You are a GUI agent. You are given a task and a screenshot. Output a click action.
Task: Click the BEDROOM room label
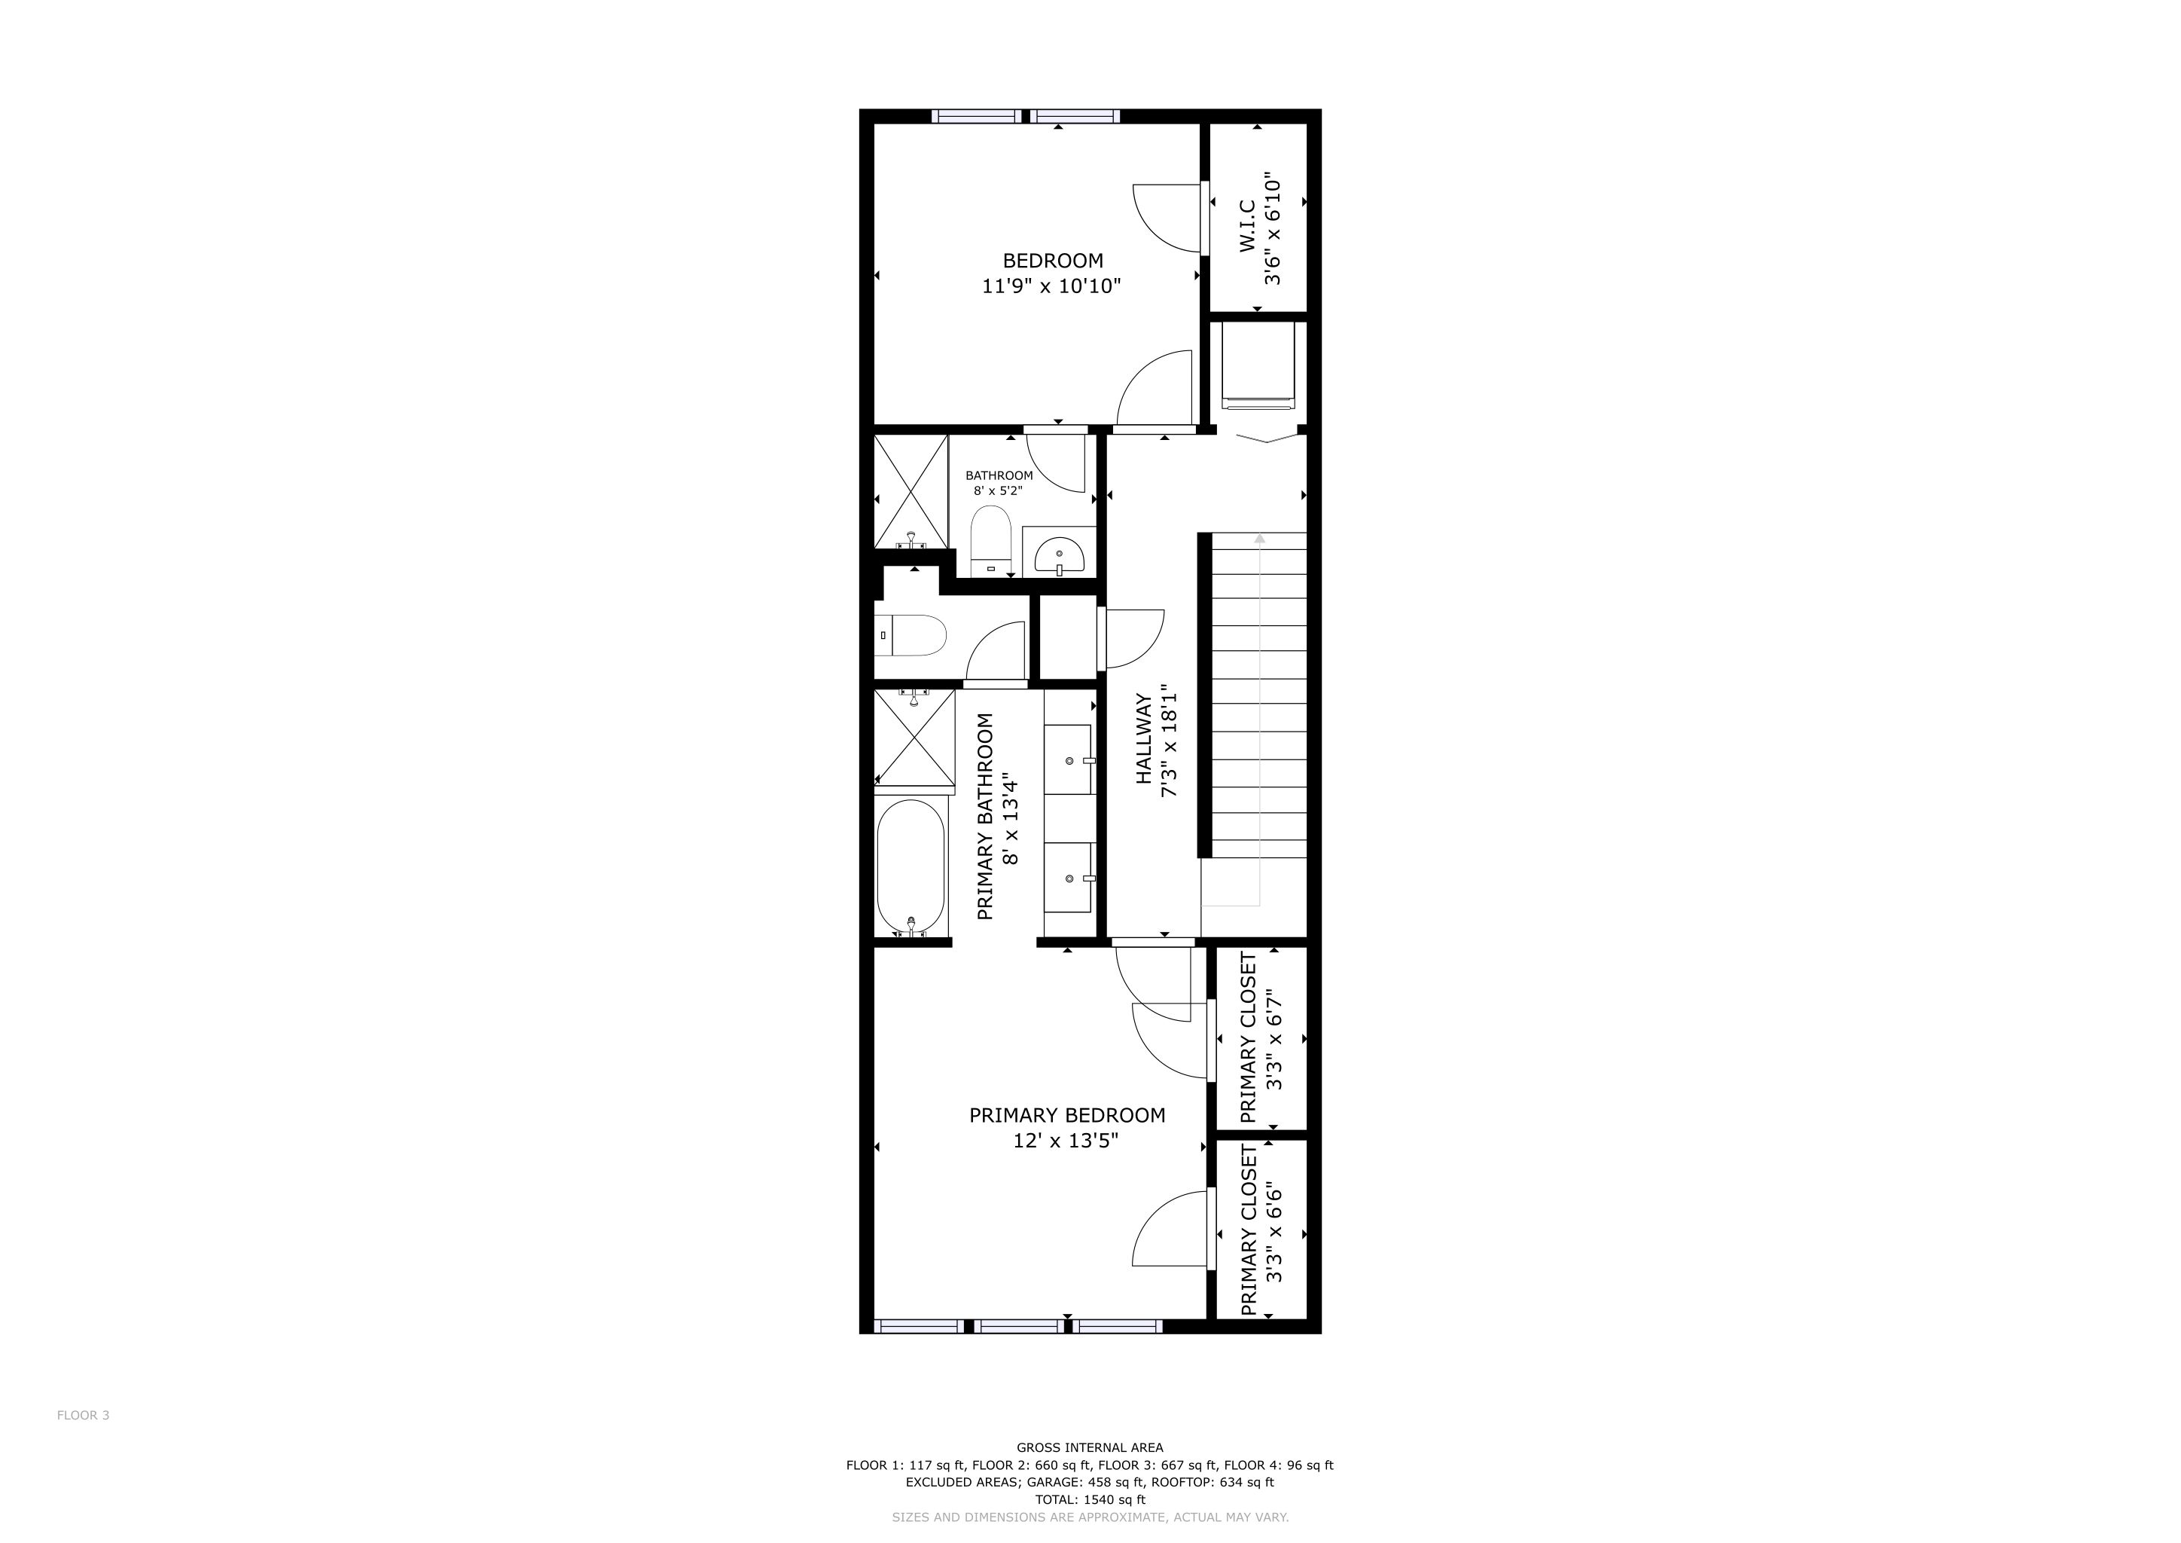click(1053, 261)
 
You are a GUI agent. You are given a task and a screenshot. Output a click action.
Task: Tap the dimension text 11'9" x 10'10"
click(1051, 286)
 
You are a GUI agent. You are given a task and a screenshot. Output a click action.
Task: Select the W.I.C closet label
click(1247, 226)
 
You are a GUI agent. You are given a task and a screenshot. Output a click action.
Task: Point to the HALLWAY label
click(1144, 739)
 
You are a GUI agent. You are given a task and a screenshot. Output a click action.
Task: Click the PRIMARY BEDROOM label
click(1066, 1116)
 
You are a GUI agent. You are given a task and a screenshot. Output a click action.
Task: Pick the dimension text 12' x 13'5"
click(1066, 1140)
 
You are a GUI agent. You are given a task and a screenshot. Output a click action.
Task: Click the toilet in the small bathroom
click(991, 539)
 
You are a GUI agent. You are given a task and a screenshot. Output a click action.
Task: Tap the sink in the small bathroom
click(1059, 555)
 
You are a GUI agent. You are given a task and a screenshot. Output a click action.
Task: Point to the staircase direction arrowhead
click(1260, 539)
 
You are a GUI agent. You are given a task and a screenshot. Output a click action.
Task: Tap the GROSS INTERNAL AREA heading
click(1090, 1448)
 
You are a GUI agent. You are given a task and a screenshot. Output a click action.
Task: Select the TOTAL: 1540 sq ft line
click(1090, 1499)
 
